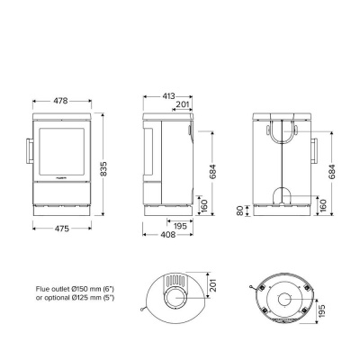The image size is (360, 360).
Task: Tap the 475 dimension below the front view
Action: [62, 229]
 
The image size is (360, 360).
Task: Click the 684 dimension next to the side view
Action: [213, 170]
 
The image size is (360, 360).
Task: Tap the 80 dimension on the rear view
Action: [240, 212]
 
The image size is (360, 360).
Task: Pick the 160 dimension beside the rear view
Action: [324, 205]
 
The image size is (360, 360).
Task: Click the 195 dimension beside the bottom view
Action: [322, 309]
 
